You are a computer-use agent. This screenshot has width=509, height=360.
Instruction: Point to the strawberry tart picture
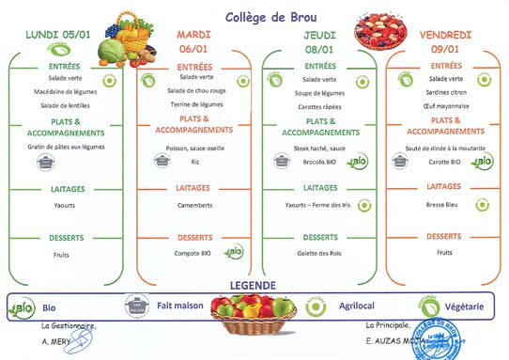point(380,32)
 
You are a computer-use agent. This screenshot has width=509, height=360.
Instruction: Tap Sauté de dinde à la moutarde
point(445,148)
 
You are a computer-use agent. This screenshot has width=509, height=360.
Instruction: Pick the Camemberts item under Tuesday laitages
point(193,204)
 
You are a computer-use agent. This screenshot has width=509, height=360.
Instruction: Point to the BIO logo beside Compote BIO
point(233,252)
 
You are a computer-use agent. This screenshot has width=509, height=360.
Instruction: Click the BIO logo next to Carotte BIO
point(483,162)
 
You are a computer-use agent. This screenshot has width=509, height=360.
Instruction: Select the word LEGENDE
point(254,285)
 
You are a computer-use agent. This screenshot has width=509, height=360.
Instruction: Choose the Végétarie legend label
point(466,306)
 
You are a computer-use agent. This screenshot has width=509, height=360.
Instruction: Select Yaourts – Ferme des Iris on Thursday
point(318,204)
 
